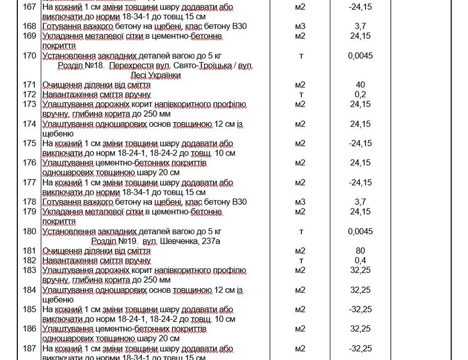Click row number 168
(x=29, y=26)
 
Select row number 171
(x=29, y=85)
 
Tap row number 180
(x=29, y=231)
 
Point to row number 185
(x=29, y=310)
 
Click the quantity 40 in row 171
(x=360, y=85)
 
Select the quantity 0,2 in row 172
(x=360, y=94)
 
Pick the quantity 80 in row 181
(x=360, y=251)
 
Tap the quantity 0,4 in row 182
(x=360, y=260)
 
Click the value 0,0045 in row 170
(x=360, y=56)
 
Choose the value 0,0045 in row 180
(x=360, y=231)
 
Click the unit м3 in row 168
(x=300, y=26)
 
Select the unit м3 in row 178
(x=300, y=202)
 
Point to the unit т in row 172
(x=301, y=94)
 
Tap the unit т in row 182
(x=301, y=260)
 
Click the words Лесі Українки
(x=155, y=75)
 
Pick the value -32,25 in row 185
(x=360, y=310)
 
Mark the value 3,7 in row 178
(x=360, y=202)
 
